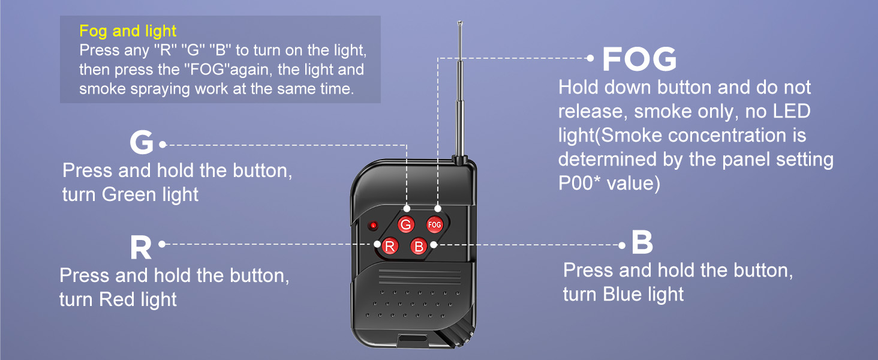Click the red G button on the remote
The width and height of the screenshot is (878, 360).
[x=405, y=225]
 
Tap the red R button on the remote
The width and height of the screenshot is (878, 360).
[x=390, y=246]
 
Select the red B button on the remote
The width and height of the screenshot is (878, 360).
[x=419, y=246]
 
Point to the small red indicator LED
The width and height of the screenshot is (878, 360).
[x=373, y=226]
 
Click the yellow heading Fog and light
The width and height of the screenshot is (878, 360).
[x=128, y=31]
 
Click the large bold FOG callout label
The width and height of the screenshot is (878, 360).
[x=639, y=59]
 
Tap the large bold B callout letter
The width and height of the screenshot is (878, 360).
[x=642, y=242]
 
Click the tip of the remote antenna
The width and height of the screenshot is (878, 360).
[x=460, y=22]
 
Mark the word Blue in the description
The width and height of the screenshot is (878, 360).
[x=624, y=295]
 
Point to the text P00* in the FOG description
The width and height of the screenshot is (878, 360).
[x=580, y=183]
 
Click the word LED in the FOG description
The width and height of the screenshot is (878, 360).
[x=792, y=112]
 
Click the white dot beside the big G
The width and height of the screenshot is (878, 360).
[x=163, y=145]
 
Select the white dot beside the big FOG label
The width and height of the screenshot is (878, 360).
[x=590, y=58]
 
